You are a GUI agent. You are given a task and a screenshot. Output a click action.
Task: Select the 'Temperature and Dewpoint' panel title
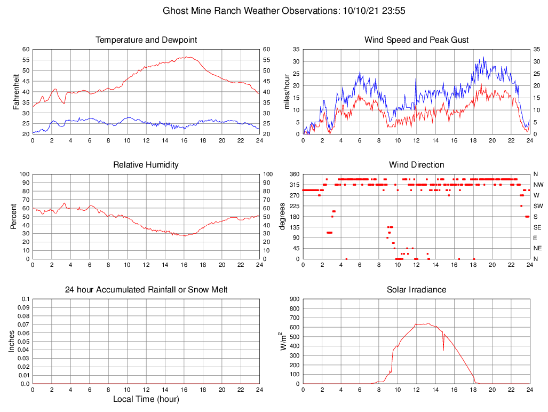click(x=146, y=40)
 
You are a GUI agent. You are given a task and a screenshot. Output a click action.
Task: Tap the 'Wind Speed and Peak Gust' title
click(x=416, y=40)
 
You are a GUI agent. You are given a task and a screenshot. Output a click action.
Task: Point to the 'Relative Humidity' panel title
click(x=146, y=165)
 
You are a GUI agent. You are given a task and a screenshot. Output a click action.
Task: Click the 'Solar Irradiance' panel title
click(x=416, y=290)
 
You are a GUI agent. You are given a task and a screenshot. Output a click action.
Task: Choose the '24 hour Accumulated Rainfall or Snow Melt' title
click(x=146, y=290)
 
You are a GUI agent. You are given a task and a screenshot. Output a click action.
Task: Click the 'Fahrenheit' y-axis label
click(x=16, y=91)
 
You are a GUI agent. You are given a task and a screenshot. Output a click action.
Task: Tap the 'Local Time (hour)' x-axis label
click(x=146, y=399)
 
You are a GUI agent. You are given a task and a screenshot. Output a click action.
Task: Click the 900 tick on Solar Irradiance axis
click(x=294, y=299)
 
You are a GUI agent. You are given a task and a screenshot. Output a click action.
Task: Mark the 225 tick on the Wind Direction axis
click(x=294, y=206)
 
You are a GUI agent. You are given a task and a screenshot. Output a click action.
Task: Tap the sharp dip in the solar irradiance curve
click(x=443, y=350)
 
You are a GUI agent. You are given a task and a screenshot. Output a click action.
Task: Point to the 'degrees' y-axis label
click(x=283, y=216)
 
